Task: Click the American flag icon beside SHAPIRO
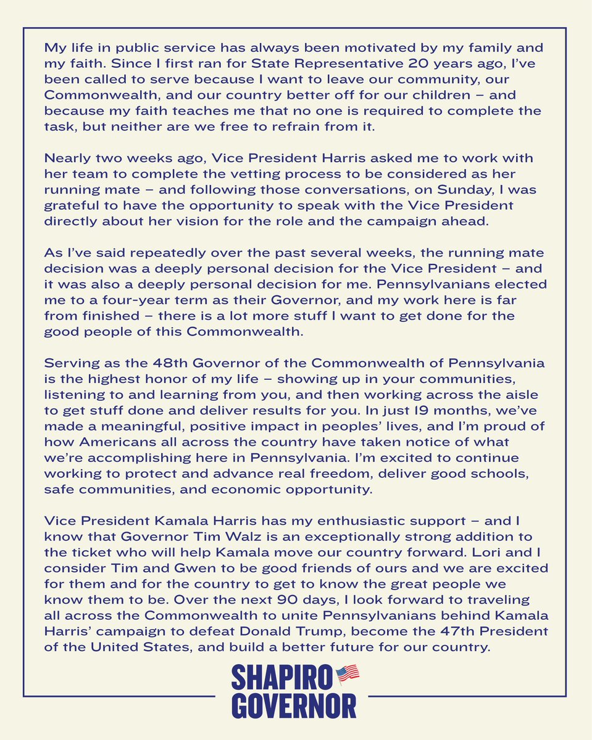[348, 673]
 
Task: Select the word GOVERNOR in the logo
[294, 705]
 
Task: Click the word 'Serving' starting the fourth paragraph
[70, 361]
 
